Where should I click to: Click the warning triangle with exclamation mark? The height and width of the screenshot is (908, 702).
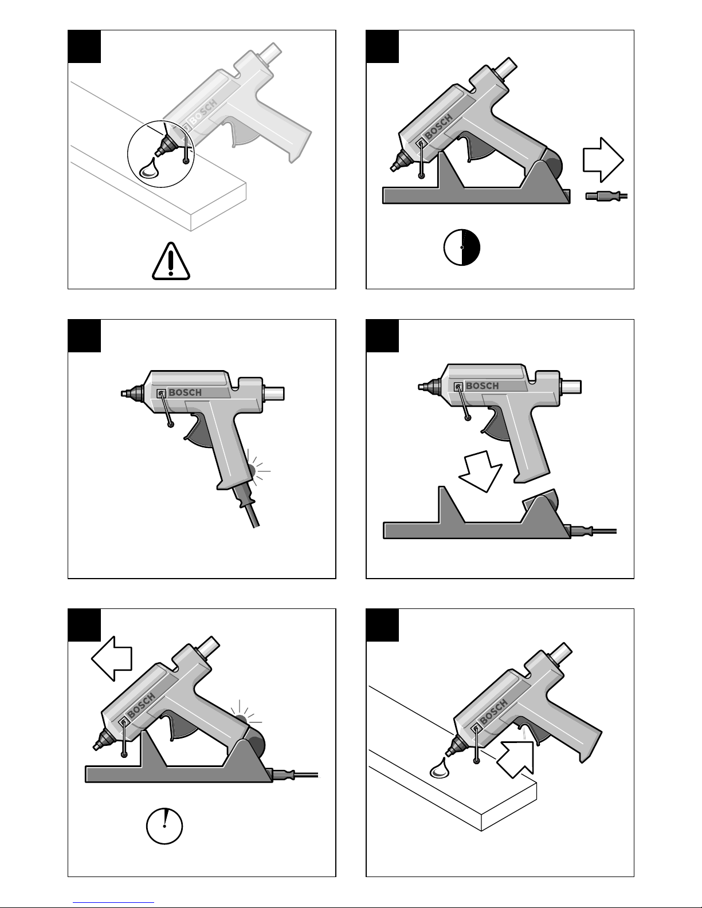(x=171, y=261)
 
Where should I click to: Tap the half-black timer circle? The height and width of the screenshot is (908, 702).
(x=462, y=247)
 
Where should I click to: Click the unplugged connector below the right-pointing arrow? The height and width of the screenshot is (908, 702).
(x=606, y=195)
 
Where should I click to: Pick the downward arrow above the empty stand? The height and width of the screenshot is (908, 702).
(x=481, y=471)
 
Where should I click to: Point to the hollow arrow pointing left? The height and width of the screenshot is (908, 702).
(x=112, y=659)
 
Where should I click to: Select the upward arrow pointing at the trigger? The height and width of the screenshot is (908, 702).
(x=516, y=759)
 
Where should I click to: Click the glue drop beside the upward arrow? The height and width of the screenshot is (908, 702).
(x=439, y=768)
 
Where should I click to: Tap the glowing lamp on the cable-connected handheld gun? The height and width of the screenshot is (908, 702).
(x=252, y=471)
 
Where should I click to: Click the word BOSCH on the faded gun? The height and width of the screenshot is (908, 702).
(x=203, y=112)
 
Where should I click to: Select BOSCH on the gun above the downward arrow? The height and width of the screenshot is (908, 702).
(x=482, y=386)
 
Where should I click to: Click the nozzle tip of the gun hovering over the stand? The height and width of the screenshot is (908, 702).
(x=419, y=387)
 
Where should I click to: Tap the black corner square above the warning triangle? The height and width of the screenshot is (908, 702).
(x=84, y=46)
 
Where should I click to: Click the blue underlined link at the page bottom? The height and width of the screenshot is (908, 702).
(x=113, y=902)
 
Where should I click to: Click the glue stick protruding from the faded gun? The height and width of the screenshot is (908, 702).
(x=270, y=53)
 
